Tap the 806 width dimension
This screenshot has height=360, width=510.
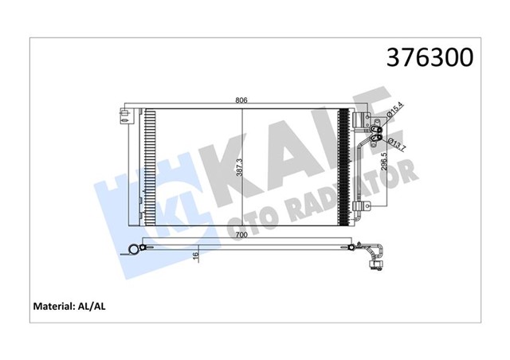click(242, 100)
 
